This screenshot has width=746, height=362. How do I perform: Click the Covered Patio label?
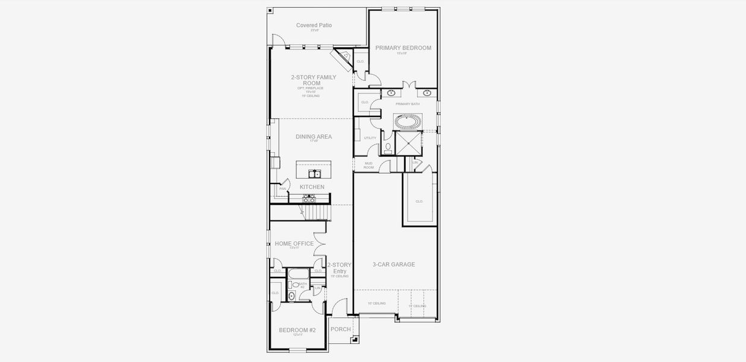click(314, 25)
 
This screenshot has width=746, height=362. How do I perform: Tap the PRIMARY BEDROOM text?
click(403, 48)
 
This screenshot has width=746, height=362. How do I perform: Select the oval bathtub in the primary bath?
click(408, 121)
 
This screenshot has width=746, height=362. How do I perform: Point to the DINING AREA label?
click(314, 137)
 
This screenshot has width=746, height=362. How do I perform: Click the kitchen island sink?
click(314, 174)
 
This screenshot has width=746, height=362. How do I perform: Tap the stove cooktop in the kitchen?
click(309, 198)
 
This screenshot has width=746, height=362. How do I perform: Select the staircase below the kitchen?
click(316, 212)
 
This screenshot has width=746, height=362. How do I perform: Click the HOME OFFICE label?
click(294, 244)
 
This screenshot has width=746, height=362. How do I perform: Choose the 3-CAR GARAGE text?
click(393, 264)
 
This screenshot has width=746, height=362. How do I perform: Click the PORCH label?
click(340, 329)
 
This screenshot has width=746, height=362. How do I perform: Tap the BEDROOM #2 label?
click(297, 330)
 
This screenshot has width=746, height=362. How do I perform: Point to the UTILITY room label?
click(370, 138)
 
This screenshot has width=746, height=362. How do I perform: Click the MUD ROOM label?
click(368, 165)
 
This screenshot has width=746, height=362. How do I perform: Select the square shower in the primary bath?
click(408, 143)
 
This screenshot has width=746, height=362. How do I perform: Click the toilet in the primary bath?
click(388, 147)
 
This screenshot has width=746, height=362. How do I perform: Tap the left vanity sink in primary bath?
click(391, 93)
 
